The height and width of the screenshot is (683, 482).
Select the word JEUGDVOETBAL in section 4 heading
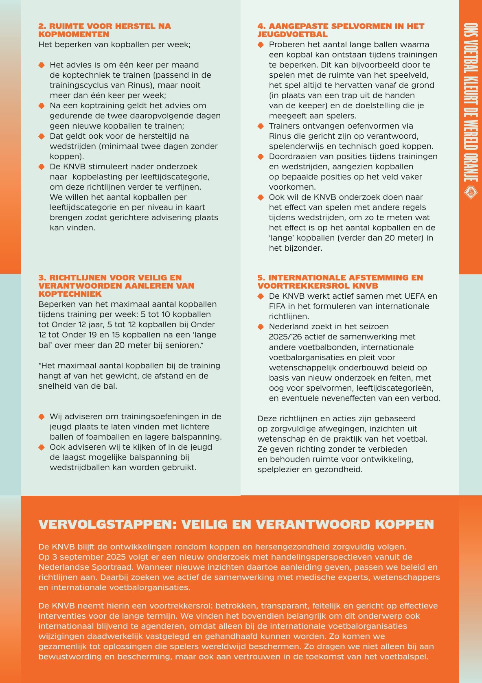point(292,35)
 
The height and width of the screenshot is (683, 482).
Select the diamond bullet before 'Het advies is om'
point(41,65)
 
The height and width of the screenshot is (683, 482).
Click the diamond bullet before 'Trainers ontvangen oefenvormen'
point(261,126)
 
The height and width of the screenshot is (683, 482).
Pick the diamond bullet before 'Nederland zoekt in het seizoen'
point(261,327)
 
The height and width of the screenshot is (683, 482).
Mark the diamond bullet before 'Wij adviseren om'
point(41,417)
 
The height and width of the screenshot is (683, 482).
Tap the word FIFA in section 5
point(277,306)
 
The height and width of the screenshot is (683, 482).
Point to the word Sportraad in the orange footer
point(114,567)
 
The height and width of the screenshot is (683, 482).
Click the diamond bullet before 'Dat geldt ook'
point(41,136)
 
